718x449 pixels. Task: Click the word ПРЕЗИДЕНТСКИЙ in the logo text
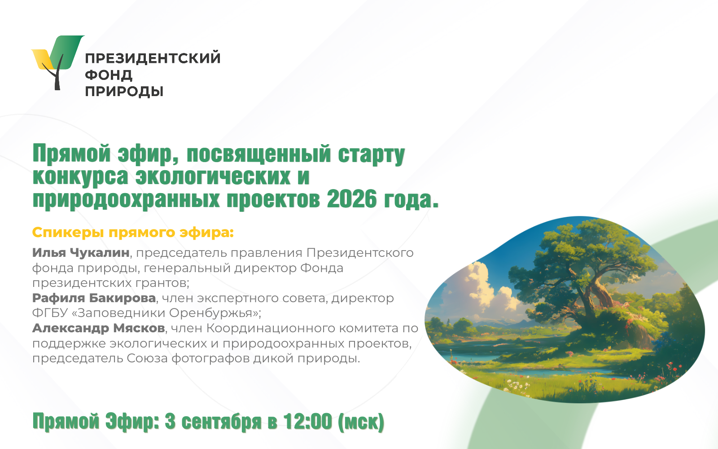click(153, 58)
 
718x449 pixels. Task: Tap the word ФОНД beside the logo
click(109, 75)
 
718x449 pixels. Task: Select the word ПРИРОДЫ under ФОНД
click(124, 92)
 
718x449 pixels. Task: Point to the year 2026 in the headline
click(352, 199)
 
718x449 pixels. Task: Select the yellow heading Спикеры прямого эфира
click(133, 233)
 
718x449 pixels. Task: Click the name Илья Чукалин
click(81, 253)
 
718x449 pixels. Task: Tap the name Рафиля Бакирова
click(94, 298)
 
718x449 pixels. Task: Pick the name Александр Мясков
click(99, 328)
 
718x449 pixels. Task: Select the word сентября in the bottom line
click(222, 422)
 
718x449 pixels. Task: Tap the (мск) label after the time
click(361, 422)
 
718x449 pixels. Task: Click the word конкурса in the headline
click(80, 177)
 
